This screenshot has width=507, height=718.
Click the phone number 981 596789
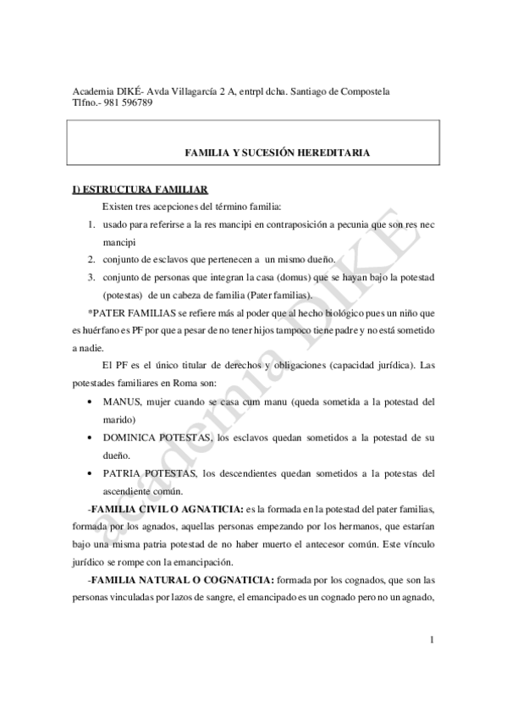(127, 102)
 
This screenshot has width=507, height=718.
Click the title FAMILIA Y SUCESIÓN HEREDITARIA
(277, 152)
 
